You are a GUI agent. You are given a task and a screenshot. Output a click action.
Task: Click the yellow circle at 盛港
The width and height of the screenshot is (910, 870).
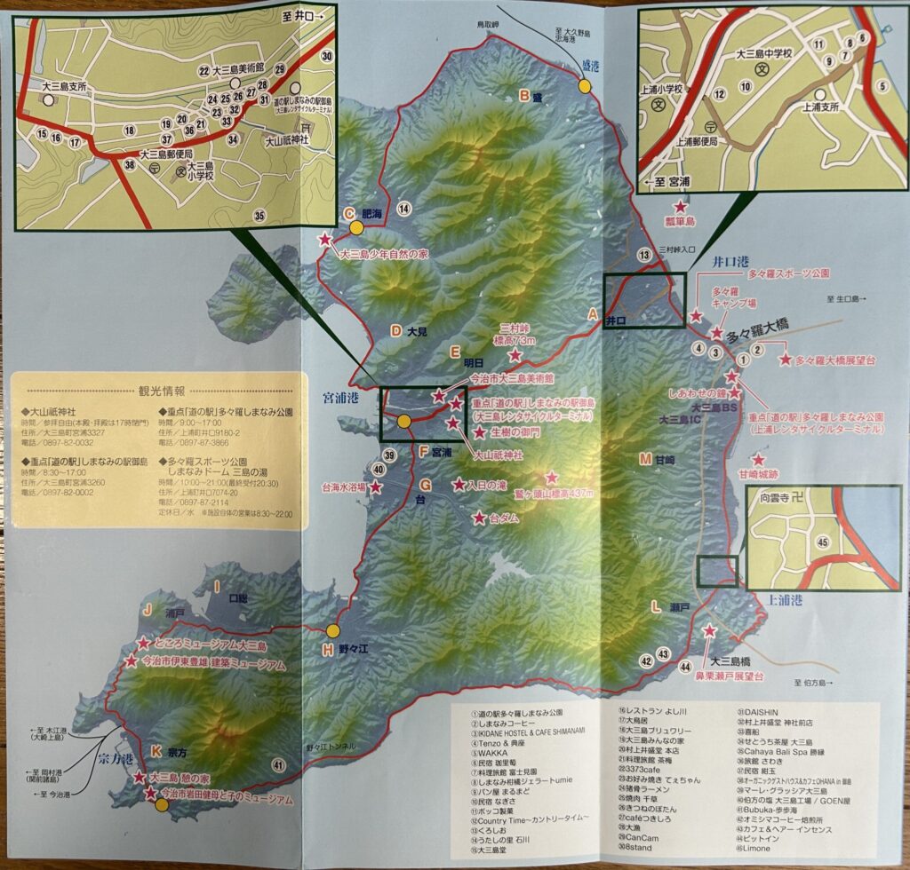(585, 86)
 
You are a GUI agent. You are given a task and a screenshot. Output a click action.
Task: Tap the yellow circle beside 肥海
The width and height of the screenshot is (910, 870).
(356, 226)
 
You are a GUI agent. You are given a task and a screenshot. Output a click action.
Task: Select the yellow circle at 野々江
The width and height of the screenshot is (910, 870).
(332, 630)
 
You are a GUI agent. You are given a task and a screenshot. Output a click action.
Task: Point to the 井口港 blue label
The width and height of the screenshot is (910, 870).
(735, 261)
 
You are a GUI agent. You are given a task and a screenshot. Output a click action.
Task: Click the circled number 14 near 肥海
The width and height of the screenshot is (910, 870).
(405, 209)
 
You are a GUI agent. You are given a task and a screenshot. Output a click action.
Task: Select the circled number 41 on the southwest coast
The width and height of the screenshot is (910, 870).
(278, 765)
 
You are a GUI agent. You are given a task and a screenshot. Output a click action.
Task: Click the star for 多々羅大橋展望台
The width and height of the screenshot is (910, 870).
(784, 360)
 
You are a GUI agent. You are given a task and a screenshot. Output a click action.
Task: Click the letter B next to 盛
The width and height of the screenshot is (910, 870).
(525, 96)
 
